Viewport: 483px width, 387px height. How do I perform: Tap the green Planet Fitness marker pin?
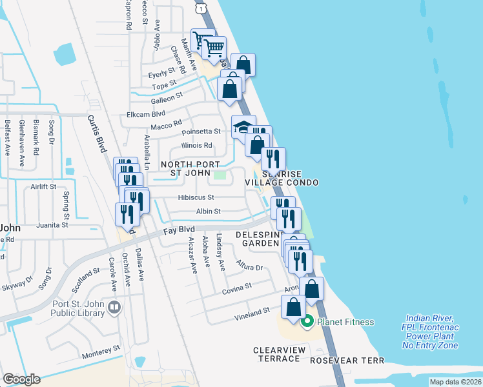click(x=308, y=321)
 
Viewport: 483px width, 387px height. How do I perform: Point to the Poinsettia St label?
click(x=201, y=132)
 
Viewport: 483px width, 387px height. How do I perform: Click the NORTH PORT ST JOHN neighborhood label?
click(x=181, y=168)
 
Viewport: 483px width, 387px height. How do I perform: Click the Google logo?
click(x=21, y=379)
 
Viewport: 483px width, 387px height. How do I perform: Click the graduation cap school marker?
click(x=243, y=126)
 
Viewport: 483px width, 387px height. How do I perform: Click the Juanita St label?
click(x=53, y=225)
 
